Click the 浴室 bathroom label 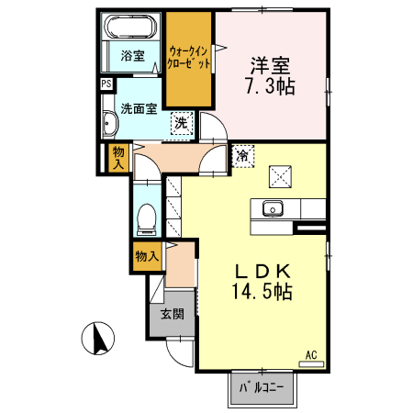pyautogui.click(x=132, y=56)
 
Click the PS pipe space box pyautogui.click(x=107, y=84)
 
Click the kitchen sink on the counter pyautogui.click(x=273, y=207)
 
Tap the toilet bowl pyautogui.click(x=145, y=218)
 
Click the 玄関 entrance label pyautogui.click(x=172, y=315)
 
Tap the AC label pyautogui.click(x=311, y=353)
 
